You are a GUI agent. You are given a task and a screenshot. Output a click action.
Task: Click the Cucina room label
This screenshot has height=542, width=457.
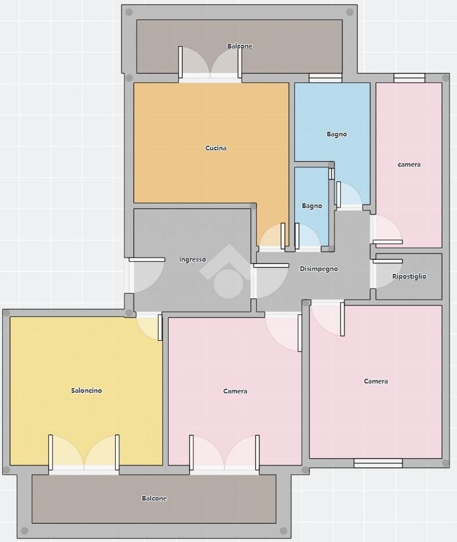pyautogui.click(x=216, y=148)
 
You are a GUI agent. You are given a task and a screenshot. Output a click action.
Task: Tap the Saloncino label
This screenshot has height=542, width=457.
pyautogui.click(x=86, y=390)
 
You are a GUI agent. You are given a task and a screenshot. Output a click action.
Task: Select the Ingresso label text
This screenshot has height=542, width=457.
pyautogui.click(x=192, y=259)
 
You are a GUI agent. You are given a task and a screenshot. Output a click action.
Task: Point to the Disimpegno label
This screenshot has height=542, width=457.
pyautogui.click(x=319, y=269)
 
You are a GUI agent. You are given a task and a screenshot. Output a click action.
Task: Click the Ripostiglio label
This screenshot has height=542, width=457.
pyautogui.click(x=409, y=276)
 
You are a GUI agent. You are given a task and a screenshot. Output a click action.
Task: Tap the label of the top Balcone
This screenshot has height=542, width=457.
pyautogui.click(x=239, y=46)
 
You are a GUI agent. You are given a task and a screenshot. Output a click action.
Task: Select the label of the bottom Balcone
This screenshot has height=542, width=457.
pyautogui.click(x=154, y=498)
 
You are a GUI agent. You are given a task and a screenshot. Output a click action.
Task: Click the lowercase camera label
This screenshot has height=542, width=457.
pyautogui.click(x=409, y=164)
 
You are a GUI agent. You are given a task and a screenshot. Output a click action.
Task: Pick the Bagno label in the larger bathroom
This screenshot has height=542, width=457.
pyautogui.click(x=337, y=134)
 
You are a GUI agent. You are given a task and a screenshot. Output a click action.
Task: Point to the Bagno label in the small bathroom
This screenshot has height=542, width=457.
pyautogui.click(x=312, y=206)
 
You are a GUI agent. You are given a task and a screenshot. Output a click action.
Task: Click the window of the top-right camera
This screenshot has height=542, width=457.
pyautogui.click(x=409, y=78)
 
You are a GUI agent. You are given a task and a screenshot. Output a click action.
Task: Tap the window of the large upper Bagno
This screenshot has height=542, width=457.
pyautogui.click(x=326, y=78)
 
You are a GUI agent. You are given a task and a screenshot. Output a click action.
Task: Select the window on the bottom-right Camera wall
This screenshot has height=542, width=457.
pyautogui.click(x=378, y=463)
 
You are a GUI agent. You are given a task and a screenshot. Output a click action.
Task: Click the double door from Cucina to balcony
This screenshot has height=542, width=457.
pyautogui.click(x=210, y=64)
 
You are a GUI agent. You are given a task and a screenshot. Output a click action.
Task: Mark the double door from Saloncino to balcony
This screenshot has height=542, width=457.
pyautogui.click(x=84, y=453)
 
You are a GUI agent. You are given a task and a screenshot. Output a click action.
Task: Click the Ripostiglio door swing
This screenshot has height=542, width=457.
pyautogui.click(x=387, y=273)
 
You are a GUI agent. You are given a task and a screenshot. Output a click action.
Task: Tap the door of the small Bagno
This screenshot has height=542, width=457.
pyautogui.click(x=308, y=236)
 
